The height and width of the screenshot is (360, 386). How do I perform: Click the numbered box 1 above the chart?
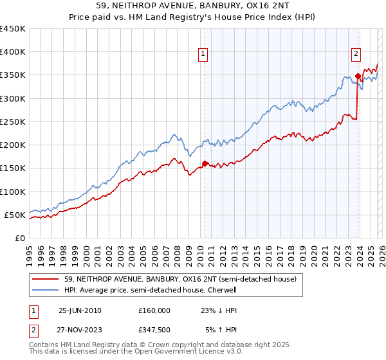(203, 55)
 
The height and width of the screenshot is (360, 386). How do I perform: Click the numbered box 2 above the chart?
(356, 55)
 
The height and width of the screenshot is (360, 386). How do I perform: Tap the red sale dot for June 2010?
(205, 163)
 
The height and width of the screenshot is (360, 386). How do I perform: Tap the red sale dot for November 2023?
(358, 76)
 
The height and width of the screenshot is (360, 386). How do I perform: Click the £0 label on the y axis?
(21, 238)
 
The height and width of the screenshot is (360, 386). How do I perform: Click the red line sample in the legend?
(46, 280)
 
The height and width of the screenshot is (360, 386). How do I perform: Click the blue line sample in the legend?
(46, 291)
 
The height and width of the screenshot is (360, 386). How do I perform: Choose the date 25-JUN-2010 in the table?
(80, 310)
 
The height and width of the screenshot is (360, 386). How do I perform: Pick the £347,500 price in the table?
(154, 330)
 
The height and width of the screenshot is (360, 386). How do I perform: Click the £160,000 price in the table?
(154, 310)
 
